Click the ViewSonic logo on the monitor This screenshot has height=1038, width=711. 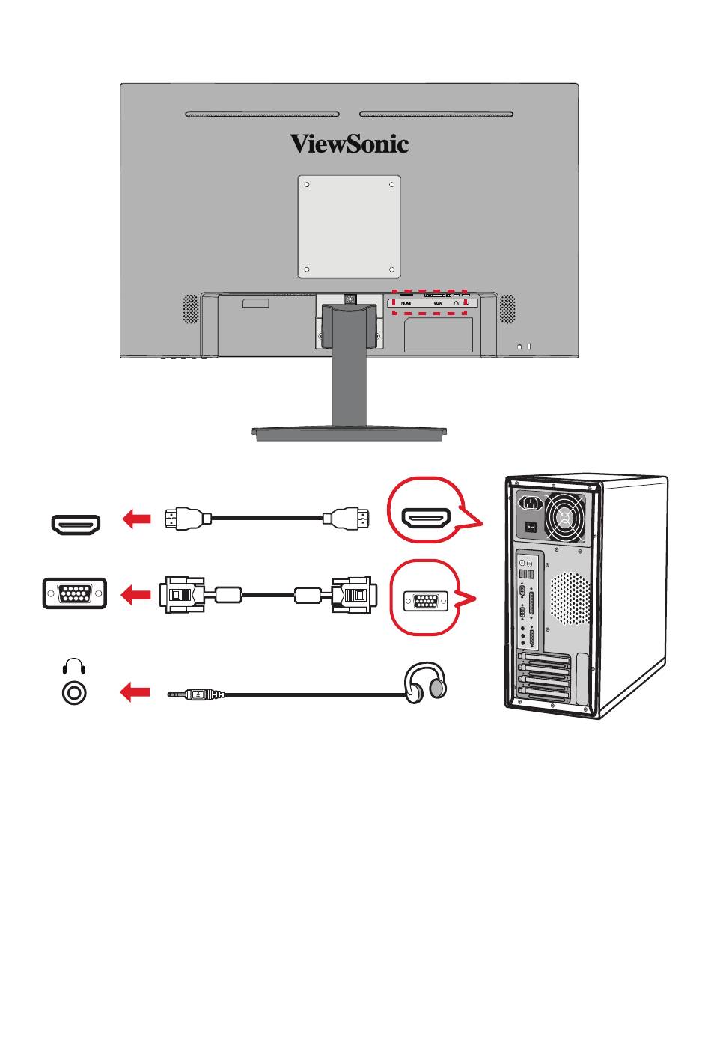point(349,143)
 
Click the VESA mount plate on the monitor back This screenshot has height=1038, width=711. point(349,227)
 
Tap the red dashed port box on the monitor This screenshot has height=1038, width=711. point(430,302)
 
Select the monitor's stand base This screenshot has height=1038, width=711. point(349,432)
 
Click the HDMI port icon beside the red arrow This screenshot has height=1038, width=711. point(75,525)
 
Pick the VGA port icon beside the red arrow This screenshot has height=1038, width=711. point(75,594)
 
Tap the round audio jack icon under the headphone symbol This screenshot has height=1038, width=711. point(73,692)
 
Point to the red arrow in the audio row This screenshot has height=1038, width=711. point(135,692)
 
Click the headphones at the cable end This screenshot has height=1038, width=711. point(425,682)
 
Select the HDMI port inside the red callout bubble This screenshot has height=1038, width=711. point(425,518)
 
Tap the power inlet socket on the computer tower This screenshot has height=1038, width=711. point(531,504)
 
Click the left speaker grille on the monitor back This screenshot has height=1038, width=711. point(192,308)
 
